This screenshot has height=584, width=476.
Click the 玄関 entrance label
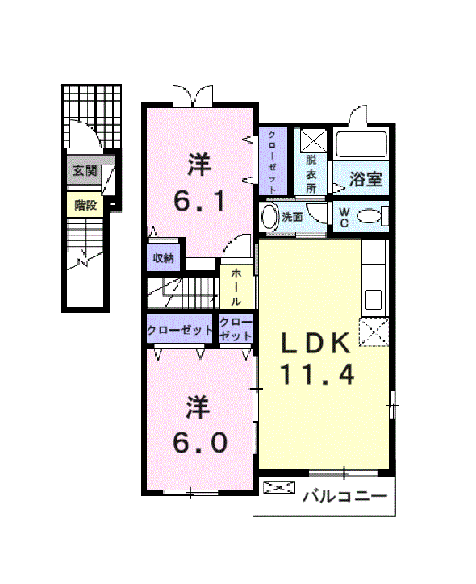point(85,170)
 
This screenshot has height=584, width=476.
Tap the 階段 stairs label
point(86,205)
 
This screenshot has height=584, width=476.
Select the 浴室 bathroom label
point(365,179)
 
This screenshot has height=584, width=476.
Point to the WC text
point(344,218)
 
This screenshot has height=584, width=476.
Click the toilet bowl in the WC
point(370,216)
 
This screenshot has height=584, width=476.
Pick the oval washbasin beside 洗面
point(269,217)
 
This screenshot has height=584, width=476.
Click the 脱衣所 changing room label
point(311,174)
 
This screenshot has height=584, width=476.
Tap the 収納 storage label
point(163,258)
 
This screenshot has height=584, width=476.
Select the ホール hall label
point(236,287)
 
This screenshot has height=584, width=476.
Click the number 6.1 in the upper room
point(199,202)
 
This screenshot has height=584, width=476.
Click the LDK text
point(315,343)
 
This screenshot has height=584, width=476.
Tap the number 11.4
point(317,374)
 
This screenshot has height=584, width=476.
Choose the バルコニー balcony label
point(344,496)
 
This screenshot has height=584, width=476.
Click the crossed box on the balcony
point(279,487)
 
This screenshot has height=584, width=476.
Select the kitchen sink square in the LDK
point(374,300)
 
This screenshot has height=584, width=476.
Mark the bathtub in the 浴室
point(361,145)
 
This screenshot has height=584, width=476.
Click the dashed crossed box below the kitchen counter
point(374,332)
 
